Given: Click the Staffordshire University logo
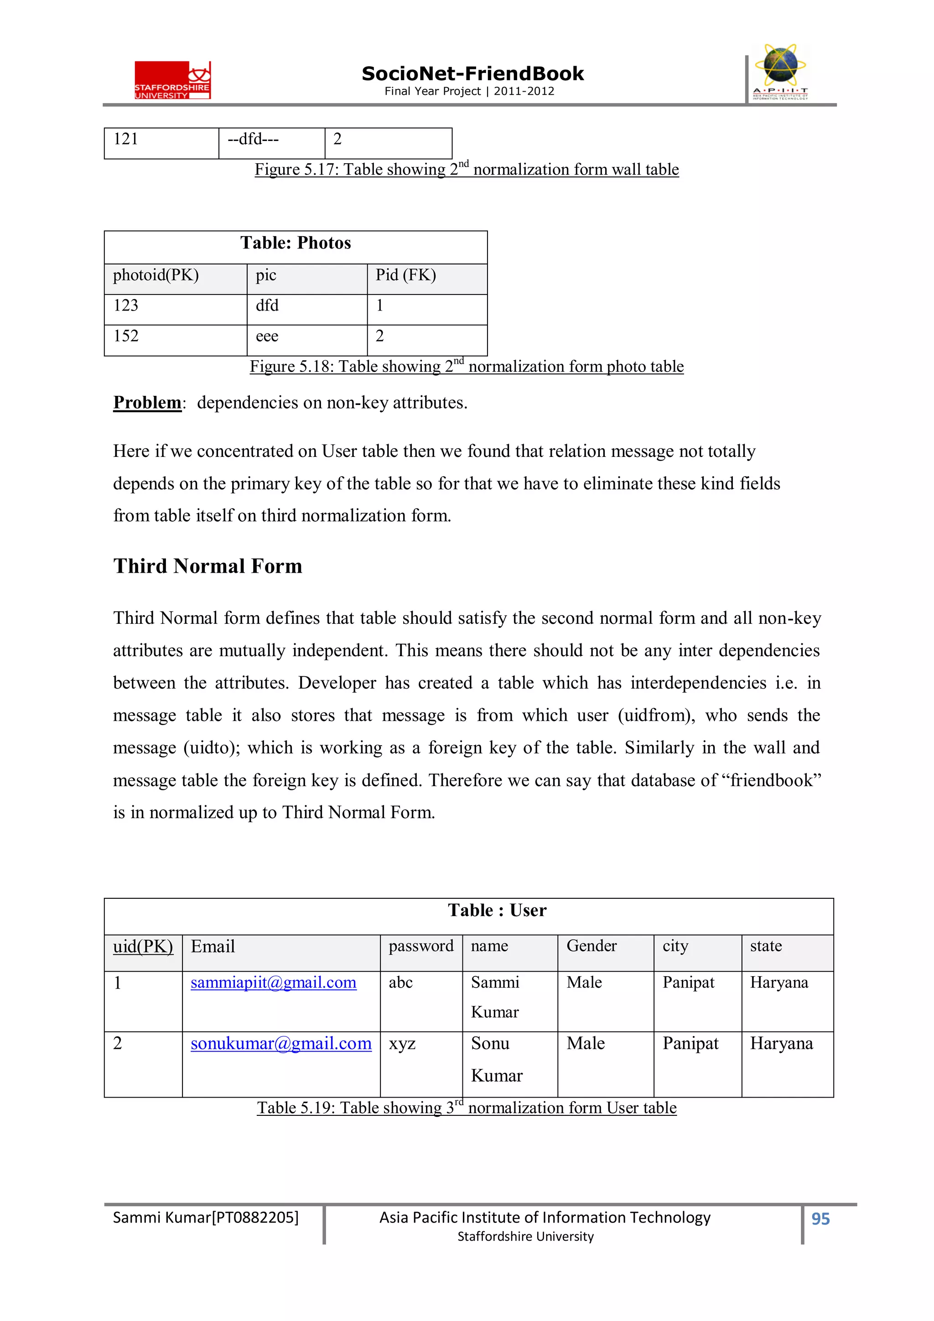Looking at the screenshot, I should point(173,80).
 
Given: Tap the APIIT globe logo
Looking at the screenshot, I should point(780,71).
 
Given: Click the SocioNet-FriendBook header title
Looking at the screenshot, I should point(472,74).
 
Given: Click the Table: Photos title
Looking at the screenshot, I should point(295,243).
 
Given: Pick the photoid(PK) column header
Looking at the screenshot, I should point(156,275).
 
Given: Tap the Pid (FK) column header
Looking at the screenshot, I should point(406,275).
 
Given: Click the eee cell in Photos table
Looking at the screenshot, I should point(267,336).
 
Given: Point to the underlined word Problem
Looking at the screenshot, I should point(147,402).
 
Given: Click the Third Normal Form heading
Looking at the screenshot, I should point(208,566).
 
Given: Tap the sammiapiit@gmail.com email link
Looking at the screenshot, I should point(273,982).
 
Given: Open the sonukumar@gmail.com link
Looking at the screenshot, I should point(281,1043).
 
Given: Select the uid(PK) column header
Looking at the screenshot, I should point(143,947).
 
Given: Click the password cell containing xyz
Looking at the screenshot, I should point(402,1044).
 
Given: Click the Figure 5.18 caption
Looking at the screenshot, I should point(466,367).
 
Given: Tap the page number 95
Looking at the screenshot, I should point(820,1218).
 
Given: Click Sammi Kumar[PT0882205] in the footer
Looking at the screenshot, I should point(205,1217).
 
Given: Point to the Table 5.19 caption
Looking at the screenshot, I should point(466,1108).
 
